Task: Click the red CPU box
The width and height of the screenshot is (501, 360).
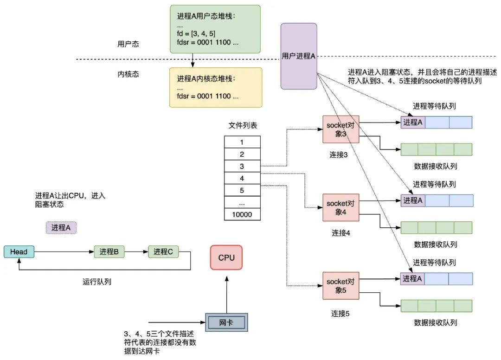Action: pos(226,257)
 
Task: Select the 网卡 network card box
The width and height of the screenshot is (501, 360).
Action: pos(226,322)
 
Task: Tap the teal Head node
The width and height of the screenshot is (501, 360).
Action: pos(19,252)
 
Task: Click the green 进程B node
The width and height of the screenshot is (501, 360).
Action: pos(109,252)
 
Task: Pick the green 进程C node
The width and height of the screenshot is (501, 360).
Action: pos(163,252)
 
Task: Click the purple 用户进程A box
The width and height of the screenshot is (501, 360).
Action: pos(299,56)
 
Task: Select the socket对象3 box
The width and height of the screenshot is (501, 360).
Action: pos(341,129)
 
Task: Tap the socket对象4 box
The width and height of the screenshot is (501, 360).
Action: pos(341,207)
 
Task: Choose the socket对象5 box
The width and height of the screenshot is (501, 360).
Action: pos(341,285)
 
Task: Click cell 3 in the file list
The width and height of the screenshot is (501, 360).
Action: pos(242,166)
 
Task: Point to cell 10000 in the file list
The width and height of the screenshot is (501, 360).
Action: pos(242,215)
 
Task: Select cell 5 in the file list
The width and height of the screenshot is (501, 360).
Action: pos(242,190)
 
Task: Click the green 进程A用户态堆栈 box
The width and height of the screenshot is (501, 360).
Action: pos(215,29)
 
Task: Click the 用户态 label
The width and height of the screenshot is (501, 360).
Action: pos(128,45)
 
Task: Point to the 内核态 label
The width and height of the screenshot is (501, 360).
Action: pos(128,74)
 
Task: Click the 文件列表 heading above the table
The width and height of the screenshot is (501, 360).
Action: pos(242,126)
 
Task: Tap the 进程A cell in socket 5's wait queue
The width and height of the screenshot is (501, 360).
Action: pos(412,278)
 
